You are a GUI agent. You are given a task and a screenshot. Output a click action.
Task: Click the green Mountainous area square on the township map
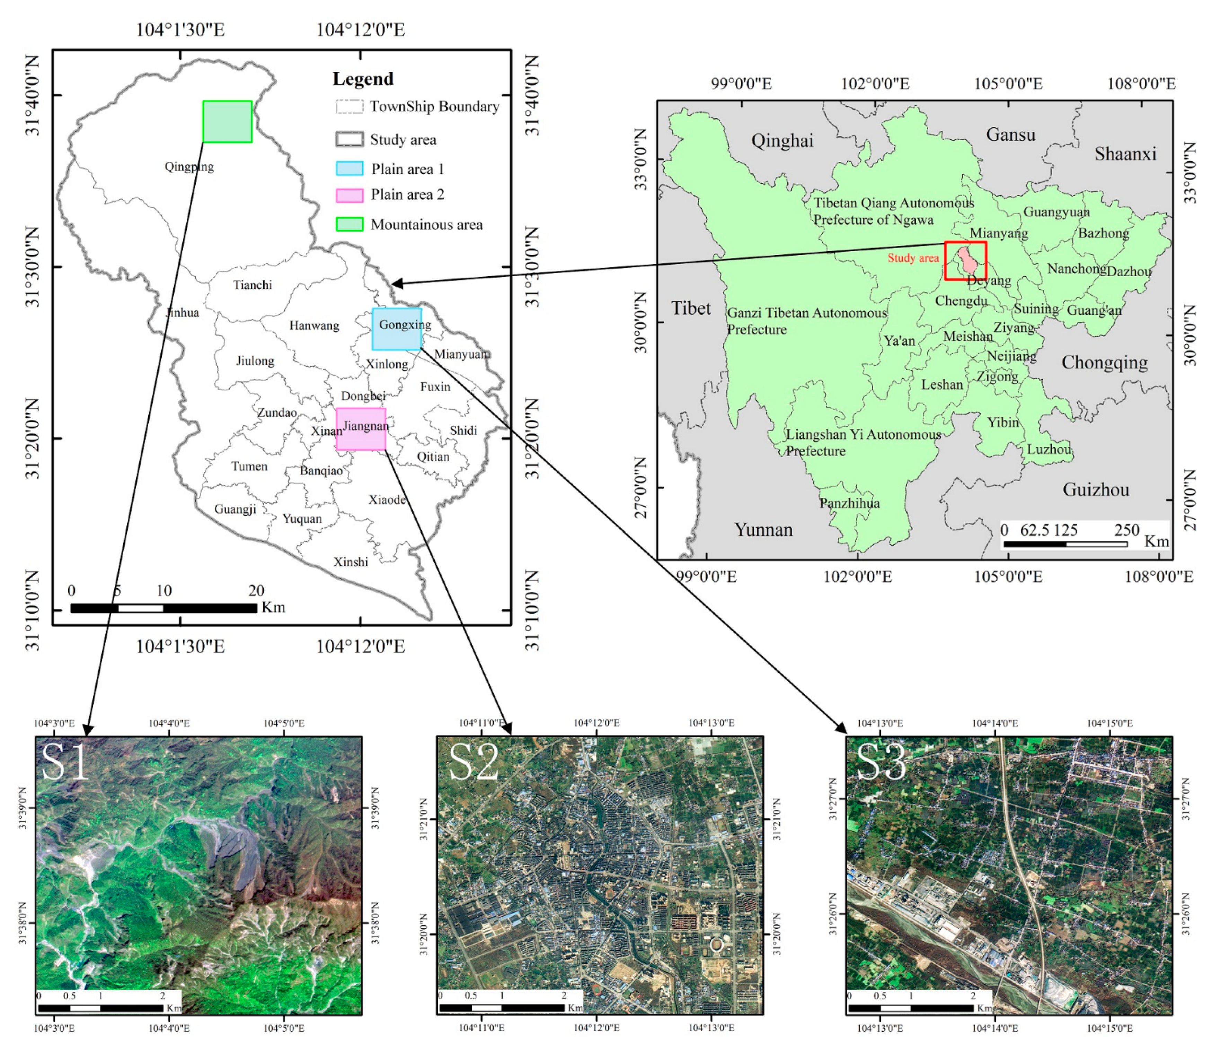[x=227, y=121]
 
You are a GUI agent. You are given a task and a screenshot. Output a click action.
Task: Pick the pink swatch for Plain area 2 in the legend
[x=349, y=195]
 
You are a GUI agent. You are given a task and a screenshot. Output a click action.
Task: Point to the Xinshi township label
[x=351, y=562]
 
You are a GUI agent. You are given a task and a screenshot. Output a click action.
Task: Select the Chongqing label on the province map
[x=1104, y=362]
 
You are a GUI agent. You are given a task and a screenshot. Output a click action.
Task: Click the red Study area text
[x=912, y=258]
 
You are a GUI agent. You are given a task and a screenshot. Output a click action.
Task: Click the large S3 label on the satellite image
[x=881, y=762]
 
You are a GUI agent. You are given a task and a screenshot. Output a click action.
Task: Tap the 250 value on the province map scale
[x=1126, y=530]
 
